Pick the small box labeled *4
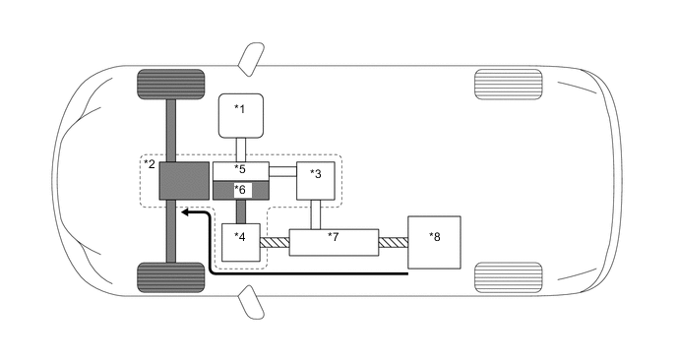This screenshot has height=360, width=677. pyautogui.click(x=242, y=242)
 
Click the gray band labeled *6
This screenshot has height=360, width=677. pyautogui.click(x=241, y=189)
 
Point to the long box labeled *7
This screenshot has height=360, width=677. pyautogui.click(x=334, y=241)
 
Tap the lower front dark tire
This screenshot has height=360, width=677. pyautogui.click(x=170, y=277)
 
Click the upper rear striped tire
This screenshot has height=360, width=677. pyautogui.click(x=508, y=83)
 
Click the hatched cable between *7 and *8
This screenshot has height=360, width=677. pyautogui.click(x=393, y=241)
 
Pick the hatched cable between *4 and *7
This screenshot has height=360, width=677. pyautogui.click(x=277, y=241)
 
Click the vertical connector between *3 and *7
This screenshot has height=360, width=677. pyautogui.click(x=318, y=213)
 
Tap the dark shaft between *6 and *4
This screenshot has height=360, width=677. pyautogui.click(x=241, y=210)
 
